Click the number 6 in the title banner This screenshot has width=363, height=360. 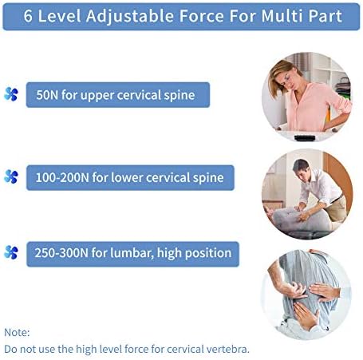[x=28, y=16]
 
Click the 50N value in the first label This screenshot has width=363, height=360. [x=47, y=95]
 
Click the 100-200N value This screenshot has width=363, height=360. [x=62, y=177]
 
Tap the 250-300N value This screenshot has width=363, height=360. [x=61, y=253]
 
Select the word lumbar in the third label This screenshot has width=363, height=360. [x=132, y=253]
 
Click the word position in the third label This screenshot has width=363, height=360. [x=208, y=253]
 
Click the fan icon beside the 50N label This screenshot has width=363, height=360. [x=11, y=94]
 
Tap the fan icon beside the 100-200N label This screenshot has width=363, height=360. [x=11, y=176]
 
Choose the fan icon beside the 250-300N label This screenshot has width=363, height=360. [x=11, y=252]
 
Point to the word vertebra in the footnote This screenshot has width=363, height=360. [x=227, y=349]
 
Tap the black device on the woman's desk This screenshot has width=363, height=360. [x=305, y=138]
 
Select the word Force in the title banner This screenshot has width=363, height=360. [x=201, y=16]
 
